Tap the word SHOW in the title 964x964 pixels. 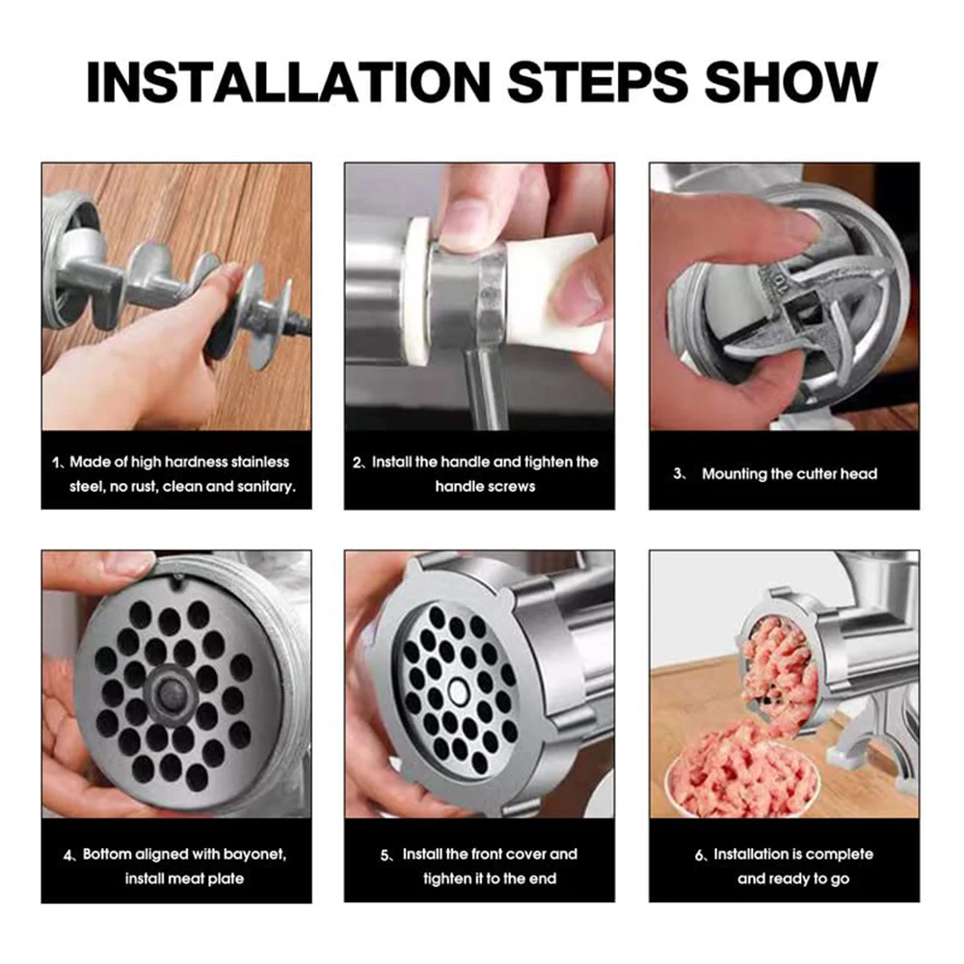pyautogui.click(x=790, y=82)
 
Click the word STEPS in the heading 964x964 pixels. pyautogui.click(x=599, y=82)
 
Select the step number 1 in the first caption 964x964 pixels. pyautogui.click(x=56, y=463)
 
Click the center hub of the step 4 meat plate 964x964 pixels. pyautogui.click(x=171, y=692)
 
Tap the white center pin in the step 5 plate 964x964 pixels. pyautogui.click(x=458, y=690)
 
